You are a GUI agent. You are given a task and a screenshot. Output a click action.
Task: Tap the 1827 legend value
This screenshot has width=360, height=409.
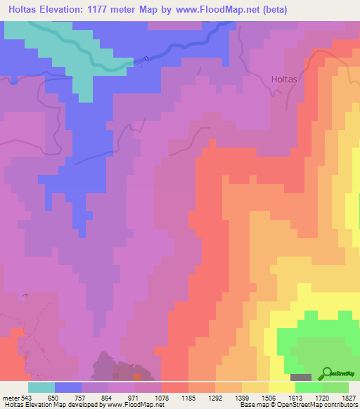coord(349,398)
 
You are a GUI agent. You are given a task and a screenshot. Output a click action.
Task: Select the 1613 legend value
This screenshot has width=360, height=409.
coord(296,398)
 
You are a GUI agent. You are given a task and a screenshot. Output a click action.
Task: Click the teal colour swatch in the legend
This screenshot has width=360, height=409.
coord(41,387)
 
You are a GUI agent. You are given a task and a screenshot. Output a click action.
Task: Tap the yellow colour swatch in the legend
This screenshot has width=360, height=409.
coord(282,387)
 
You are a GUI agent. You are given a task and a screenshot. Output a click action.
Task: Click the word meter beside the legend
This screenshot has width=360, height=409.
coord(11,398)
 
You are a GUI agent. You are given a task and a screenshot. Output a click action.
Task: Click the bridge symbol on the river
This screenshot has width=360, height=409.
coord(146,59)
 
